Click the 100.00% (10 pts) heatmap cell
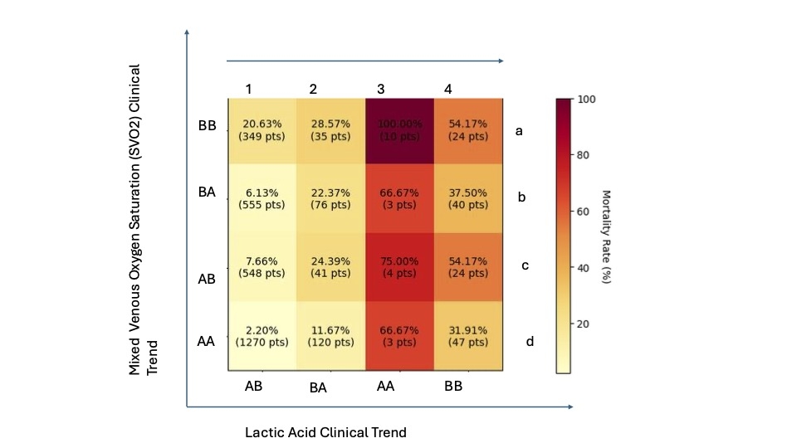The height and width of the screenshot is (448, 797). (x=399, y=130)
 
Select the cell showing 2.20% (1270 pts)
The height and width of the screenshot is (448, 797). (x=262, y=336)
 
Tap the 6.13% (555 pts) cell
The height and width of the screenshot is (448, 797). (x=262, y=198)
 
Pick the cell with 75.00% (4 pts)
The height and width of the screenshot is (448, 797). (x=399, y=266)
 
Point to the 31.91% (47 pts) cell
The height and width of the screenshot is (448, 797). (x=468, y=336)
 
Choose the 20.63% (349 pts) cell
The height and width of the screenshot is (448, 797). (x=262, y=130)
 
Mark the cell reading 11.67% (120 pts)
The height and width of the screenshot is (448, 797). (x=330, y=336)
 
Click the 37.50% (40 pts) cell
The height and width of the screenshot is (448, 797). (x=468, y=198)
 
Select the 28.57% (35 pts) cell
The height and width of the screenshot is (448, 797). (x=330, y=130)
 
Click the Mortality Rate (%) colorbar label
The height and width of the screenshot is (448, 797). (x=607, y=236)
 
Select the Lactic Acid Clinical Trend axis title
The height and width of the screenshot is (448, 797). (x=325, y=432)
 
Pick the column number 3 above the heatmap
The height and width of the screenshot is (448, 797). (x=381, y=89)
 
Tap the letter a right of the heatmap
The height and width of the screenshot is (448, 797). (x=519, y=130)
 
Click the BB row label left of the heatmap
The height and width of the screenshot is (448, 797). (x=207, y=126)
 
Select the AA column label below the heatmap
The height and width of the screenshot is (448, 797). (x=385, y=387)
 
